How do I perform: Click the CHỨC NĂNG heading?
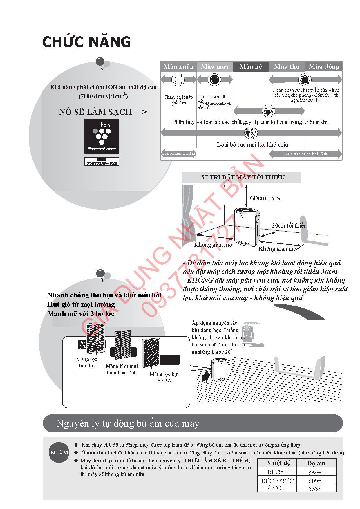click(86, 42)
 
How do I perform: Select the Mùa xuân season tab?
click(178, 67)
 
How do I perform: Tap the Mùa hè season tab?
click(251, 67)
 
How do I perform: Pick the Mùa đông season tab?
click(324, 67)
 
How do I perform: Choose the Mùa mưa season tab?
click(215, 67)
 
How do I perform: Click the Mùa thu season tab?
click(287, 67)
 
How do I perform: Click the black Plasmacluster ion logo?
click(102, 136)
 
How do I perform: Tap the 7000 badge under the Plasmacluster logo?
click(102, 161)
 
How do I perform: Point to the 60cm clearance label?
click(265, 198)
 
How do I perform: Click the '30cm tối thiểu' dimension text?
click(289, 225)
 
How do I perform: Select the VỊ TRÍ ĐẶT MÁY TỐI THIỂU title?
click(243, 177)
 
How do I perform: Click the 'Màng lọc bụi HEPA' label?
click(164, 377)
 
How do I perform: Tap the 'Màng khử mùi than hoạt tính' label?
click(122, 369)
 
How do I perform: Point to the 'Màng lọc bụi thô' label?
click(86, 362)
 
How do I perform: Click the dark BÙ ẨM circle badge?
click(59, 452)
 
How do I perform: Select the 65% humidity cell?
click(315, 472)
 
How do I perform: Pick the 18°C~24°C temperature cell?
click(277, 481)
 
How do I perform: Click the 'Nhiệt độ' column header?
click(278, 463)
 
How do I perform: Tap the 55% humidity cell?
click(315, 488)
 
